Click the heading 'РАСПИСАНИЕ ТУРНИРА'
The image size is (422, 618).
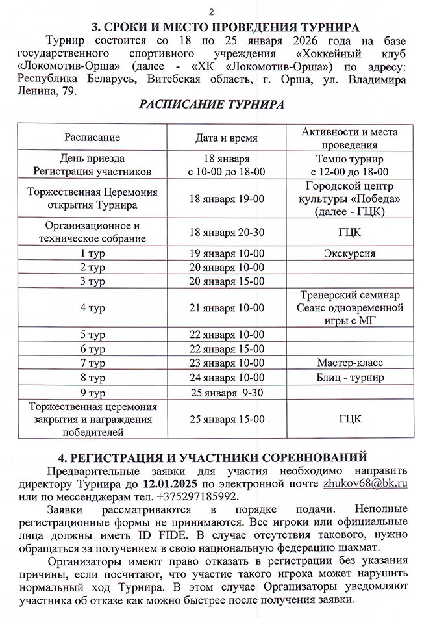pos(211,105)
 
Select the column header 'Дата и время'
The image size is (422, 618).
pos(227,138)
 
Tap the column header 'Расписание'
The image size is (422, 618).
pos(92,138)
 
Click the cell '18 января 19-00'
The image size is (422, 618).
pos(227,199)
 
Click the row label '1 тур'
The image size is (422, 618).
pos(92,253)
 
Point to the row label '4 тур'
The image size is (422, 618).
pos(92,307)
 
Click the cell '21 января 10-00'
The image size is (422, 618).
pos(227,307)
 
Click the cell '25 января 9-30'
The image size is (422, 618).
pos(227,392)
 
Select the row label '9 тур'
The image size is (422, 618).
pos(92,392)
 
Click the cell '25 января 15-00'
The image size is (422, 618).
pos(227,418)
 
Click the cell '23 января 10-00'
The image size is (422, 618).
pos(227,363)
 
